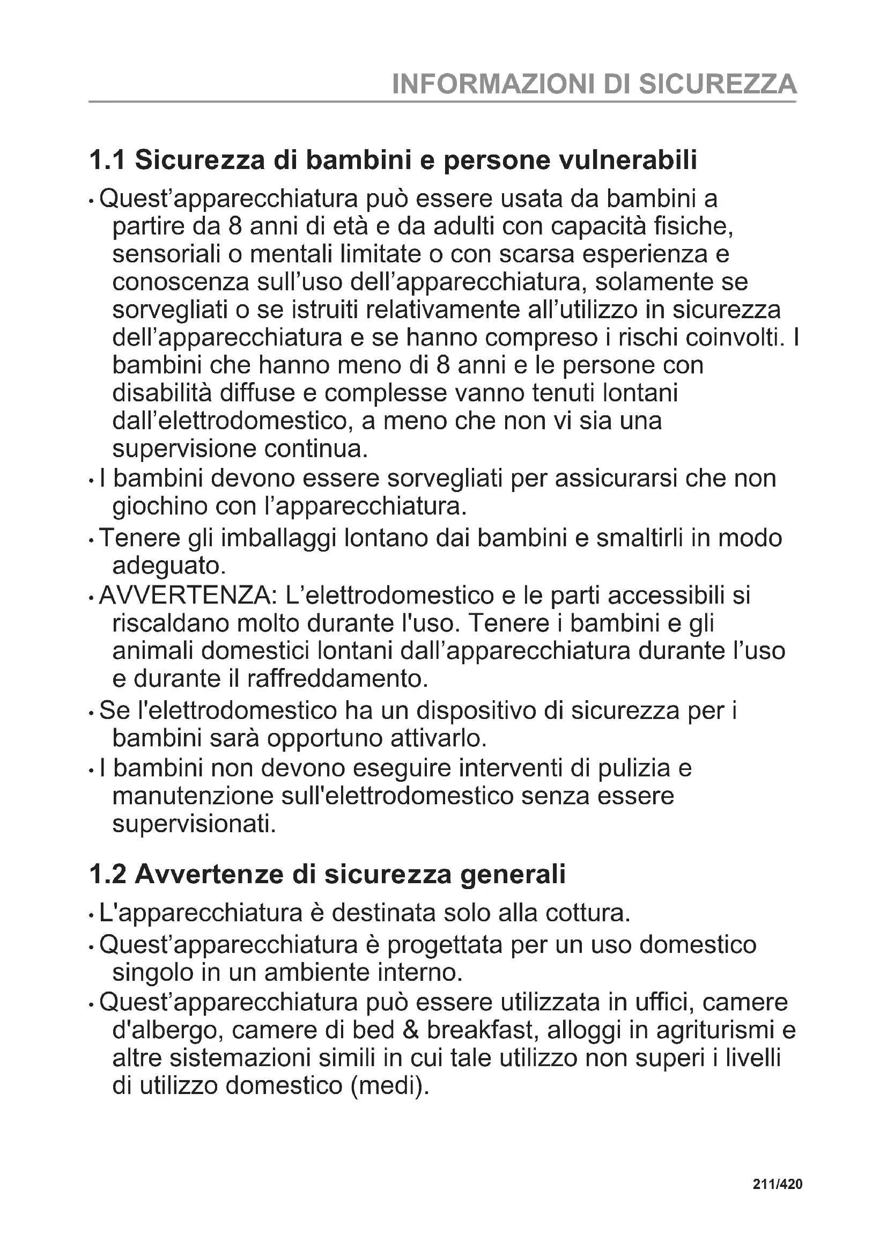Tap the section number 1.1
pyautogui.click(x=107, y=160)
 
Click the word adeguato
pyautogui.click(x=169, y=566)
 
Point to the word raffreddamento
pyautogui.click(x=337, y=679)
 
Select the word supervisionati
pyautogui.click(x=194, y=824)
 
